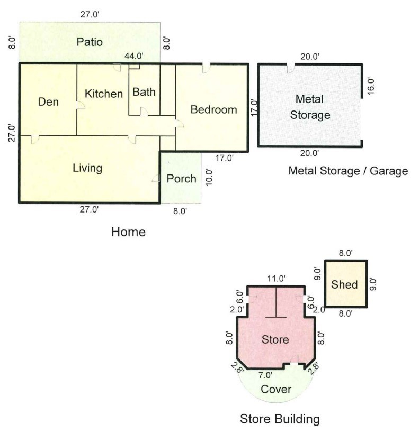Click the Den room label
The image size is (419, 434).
tap(48, 102)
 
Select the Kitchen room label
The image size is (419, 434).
tap(104, 94)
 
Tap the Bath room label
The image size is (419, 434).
tap(144, 92)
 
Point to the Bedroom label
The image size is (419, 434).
tap(213, 110)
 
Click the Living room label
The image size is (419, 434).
tap(87, 168)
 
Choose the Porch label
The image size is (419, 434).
tap(181, 179)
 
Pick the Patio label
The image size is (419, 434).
tap(89, 42)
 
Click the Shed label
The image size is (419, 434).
tap(345, 284)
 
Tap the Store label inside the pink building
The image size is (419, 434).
tap(275, 339)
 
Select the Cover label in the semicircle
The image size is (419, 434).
tap(276, 390)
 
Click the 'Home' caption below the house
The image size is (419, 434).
tap(128, 232)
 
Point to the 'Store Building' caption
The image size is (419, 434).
tap(280, 419)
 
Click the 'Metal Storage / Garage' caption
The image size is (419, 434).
tap(348, 171)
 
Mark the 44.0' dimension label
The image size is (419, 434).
tap(133, 56)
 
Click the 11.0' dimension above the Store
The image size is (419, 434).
tap(276, 278)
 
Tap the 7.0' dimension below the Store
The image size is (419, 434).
tap(265, 375)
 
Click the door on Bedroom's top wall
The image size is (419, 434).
tap(206, 68)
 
